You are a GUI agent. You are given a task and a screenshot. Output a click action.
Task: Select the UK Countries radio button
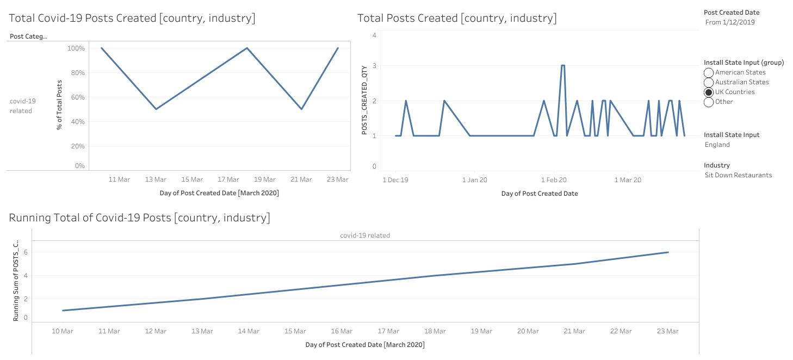(x=709, y=92)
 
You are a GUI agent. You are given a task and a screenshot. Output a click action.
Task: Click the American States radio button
(x=709, y=72)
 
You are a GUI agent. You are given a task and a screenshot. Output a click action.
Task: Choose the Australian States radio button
(x=709, y=82)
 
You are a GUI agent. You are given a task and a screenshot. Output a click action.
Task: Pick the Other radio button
(x=709, y=102)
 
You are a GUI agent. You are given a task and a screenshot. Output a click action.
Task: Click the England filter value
(x=717, y=145)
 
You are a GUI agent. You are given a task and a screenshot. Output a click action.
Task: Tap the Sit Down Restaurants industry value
(x=738, y=175)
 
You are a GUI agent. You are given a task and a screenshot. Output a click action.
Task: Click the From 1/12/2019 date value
(x=730, y=22)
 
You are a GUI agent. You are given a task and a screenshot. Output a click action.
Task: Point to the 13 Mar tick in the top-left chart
(x=156, y=179)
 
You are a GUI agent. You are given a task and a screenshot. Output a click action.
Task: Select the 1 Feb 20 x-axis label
(x=554, y=179)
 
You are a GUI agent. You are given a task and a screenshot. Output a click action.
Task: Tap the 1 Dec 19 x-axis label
(x=395, y=179)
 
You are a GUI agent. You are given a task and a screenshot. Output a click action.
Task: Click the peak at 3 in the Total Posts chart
(x=563, y=65)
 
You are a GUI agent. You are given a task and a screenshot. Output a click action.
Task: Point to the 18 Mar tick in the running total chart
(x=435, y=331)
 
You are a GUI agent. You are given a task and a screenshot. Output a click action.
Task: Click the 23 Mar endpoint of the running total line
(x=668, y=252)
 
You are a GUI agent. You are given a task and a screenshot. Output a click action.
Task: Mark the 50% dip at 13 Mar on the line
(x=156, y=109)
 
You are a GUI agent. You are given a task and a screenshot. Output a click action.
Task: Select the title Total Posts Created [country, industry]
(x=457, y=18)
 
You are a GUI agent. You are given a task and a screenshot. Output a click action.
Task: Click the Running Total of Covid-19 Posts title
(x=139, y=218)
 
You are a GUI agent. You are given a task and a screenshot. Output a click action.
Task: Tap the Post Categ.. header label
(x=28, y=36)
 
